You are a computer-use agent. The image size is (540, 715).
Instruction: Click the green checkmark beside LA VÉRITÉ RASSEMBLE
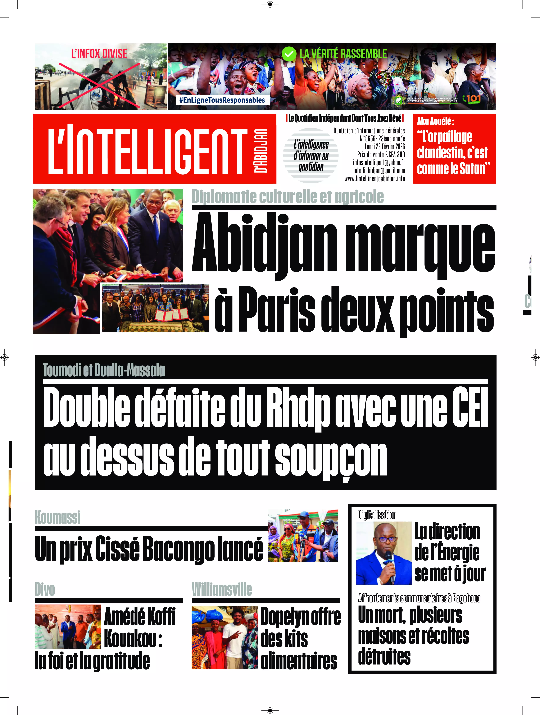click(x=289, y=54)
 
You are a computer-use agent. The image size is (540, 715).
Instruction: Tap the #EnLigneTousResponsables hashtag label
click(x=222, y=100)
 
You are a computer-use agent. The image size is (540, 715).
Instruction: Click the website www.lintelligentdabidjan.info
click(x=375, y=179)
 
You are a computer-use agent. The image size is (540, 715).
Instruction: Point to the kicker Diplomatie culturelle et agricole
click(x=287, y=197)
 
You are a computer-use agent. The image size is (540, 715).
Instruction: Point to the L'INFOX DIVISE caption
click(x=99, y=54)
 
